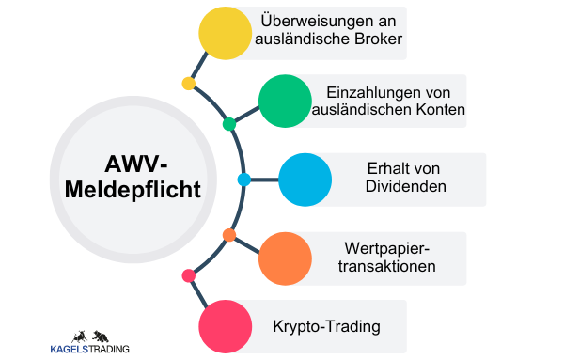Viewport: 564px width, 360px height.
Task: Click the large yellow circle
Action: tap(227, 33)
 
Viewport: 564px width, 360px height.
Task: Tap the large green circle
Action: tap(286, 101)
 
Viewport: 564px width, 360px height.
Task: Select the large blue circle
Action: tap(305, 179)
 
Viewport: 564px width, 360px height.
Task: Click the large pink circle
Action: tap(227, 327)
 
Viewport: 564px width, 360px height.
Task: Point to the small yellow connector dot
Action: tap(188, 84)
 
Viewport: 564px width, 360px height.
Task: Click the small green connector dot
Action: tap(228, 124)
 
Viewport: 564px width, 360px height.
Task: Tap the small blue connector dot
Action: tap(243, 179)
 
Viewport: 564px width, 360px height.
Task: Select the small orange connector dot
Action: tap(228, 234)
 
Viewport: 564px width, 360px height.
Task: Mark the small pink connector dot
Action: tap(188, 275)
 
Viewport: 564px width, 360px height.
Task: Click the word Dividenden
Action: tap(405, 187)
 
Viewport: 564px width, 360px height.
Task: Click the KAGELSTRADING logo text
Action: tap(90, 350)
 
